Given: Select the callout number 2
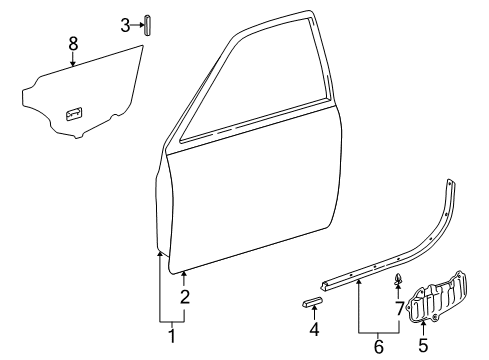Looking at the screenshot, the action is click(185, 297).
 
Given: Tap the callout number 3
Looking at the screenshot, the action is click(125, 25).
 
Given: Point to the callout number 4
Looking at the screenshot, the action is click(314, 328).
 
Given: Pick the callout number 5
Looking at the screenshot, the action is click(422, 347).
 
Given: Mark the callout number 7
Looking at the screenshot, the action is click(399, 308).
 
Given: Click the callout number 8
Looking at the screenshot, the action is click(73, 43).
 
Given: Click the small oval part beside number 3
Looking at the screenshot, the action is click(147, 25).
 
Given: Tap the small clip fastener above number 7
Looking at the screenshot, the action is click(398, 278).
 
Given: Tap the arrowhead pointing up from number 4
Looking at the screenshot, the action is click(314, 311).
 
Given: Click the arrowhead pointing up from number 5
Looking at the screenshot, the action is click(422, 323).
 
